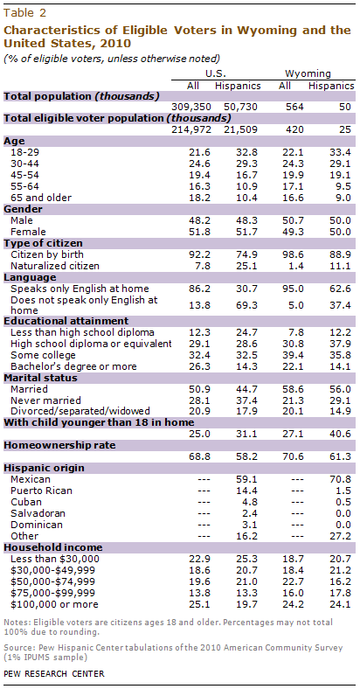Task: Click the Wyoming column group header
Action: pos(308,73)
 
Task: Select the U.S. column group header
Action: pos(216,73)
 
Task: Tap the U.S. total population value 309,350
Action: pos(193,107)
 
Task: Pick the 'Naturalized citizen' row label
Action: pos(55,266)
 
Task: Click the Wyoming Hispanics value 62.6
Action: pos(342,289)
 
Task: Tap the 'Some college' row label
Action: pos(43,355)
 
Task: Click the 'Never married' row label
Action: pos(45,400)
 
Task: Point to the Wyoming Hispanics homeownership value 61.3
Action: pos(342,457)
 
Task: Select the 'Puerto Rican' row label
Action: pos(41,491)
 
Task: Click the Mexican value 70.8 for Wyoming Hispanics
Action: pos(342,479)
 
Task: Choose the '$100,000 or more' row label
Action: pos(54,605)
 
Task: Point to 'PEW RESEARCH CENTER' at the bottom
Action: pos(54,673)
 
